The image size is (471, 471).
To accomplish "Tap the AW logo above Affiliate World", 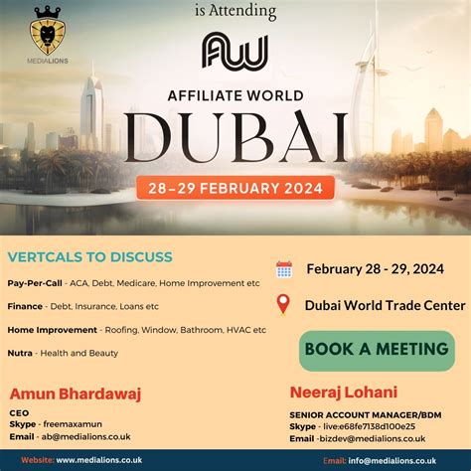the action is tap(235, 53).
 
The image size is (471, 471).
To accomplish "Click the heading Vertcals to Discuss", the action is tap(90, 257).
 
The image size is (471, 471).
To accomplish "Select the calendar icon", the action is tap(284, 269).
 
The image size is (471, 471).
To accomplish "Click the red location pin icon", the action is tap(284, 304).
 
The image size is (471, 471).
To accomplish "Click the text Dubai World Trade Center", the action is tap(386, 305).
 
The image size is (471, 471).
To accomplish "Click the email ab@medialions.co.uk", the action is tap(84, 436).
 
